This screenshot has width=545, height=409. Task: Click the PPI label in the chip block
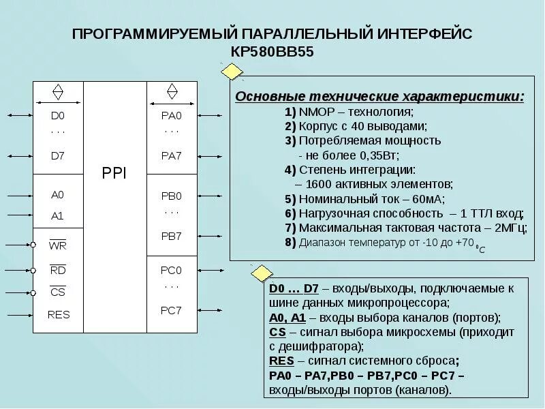click(x=114, y=173)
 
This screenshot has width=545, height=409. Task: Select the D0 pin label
click(x=58, y=116)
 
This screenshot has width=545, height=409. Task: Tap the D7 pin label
click(x=58, y=155)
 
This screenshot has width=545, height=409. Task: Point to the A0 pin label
click(x=58, y=195)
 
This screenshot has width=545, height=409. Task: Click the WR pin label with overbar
click(x=58, y=245)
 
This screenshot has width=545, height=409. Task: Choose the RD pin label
click(x=58, y=269)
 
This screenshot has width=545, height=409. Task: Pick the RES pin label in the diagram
click(x=59, y=315)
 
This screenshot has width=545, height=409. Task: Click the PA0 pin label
click(x=172, y=116)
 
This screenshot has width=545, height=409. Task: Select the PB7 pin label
click(x=172, y=236)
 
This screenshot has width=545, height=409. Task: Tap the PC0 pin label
click(x=172, y=270)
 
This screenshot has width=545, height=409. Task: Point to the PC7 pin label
click(x=172, y=310)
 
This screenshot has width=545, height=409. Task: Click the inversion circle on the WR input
click(x=33, y=245)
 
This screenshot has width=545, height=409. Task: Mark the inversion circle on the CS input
click(x=33, y=293)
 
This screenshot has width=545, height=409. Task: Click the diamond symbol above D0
click(x=58, y=92)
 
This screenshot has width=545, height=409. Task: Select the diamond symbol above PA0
click(x=172, y=92)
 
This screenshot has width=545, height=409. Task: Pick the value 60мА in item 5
click(x=429, y=199)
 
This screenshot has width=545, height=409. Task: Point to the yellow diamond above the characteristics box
click(x=232, y=72)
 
